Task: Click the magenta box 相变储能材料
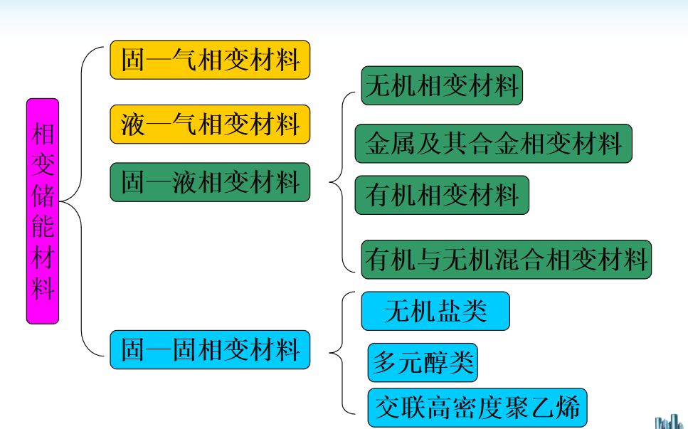pos(43,211)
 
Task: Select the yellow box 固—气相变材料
pos(210,60)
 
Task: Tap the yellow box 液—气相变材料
pos(210,125)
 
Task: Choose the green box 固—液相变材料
pos(210,182)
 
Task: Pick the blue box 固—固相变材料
pos(210,349)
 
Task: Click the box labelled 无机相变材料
pos(442,86)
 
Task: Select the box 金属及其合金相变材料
pos(493,144)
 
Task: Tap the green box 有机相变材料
pos(442,195)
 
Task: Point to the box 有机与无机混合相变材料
pos(507,259)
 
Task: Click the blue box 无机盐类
pos(435,311)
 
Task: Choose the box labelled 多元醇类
pos(423,363)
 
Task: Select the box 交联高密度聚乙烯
pos(478,408)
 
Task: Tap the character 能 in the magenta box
pos(43,227)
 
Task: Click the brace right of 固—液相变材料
pos(342,182)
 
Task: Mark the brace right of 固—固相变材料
pos(342,352)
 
